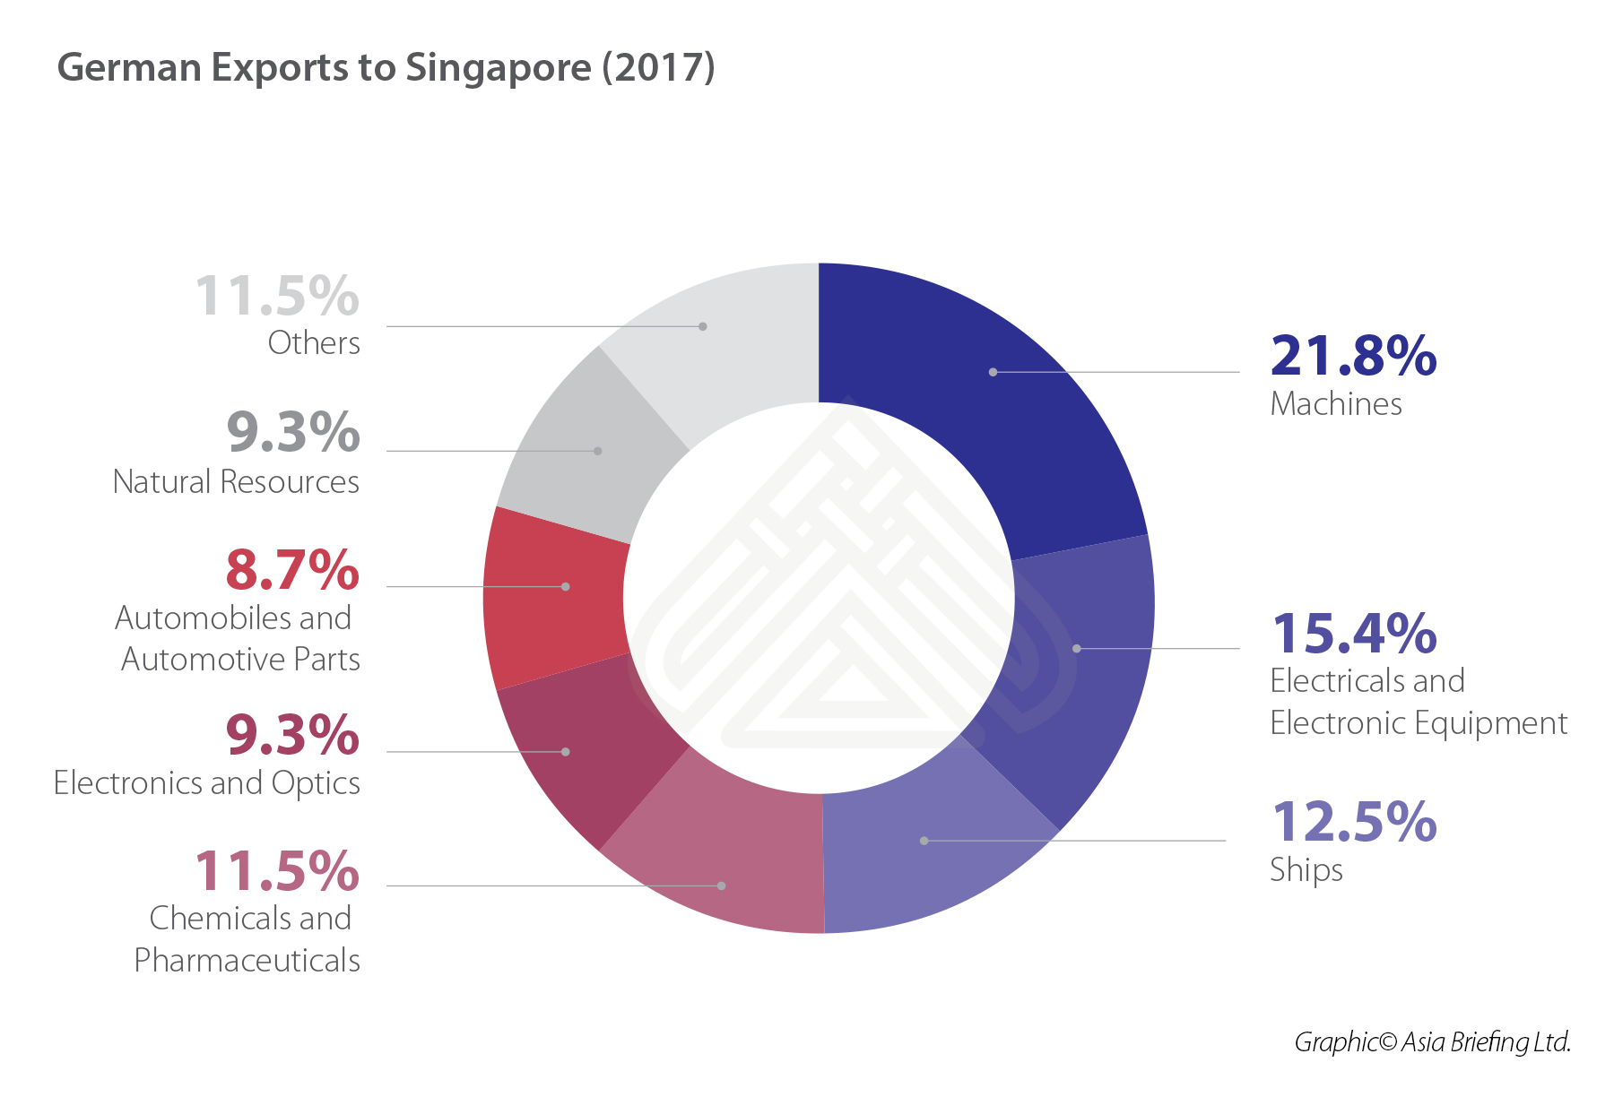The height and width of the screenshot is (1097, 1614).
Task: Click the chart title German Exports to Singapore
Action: (386, 68)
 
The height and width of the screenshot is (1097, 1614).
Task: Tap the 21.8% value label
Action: (1353, 356)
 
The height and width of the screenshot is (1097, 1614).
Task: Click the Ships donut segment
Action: (924, 851)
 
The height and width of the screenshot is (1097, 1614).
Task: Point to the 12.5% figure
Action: (1353, 822)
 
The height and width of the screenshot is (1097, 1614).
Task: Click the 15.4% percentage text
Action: (1353, 634)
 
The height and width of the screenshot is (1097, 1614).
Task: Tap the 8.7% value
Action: (292, 570)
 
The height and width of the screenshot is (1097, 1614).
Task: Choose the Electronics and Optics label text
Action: (206, 783)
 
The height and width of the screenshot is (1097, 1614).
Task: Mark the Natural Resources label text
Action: (236, 482)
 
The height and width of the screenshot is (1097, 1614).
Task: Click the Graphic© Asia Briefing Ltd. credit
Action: (1432, 1041)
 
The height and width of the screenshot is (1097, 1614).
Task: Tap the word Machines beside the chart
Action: (1335, 404)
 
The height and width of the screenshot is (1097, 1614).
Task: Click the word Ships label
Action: (1306, 870)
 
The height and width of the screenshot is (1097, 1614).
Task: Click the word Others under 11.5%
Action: (314, 343)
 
